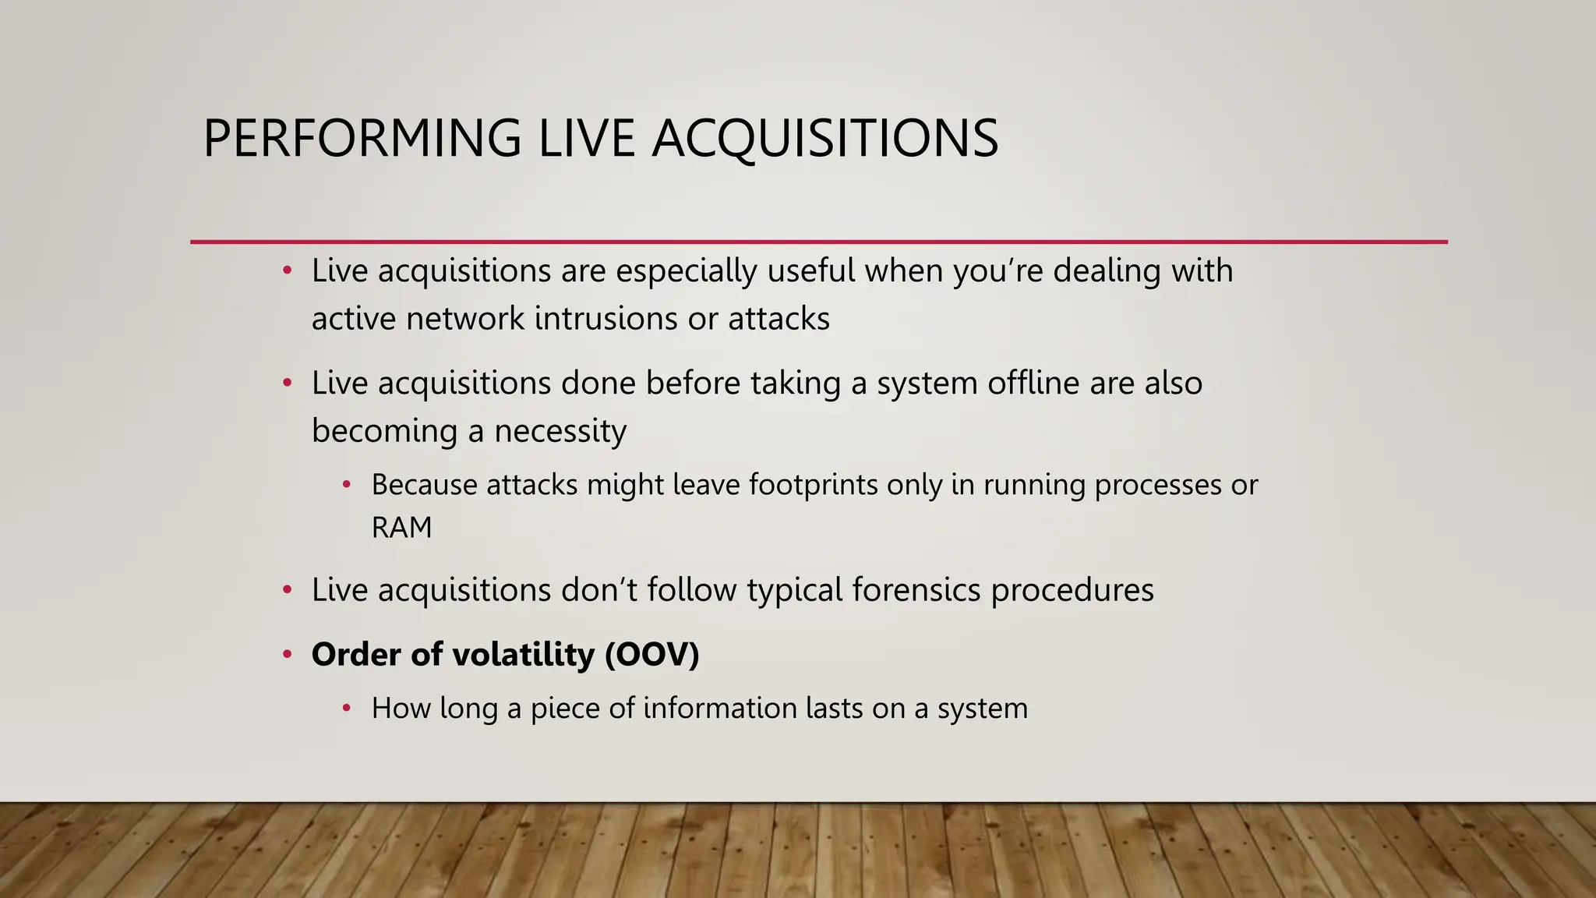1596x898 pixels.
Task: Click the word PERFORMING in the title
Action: click(362, 139)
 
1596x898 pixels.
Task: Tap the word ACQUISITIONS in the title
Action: click(824, 139)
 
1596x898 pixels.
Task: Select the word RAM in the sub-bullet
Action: click(401, 528)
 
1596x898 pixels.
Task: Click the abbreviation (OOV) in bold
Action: click(652, 654)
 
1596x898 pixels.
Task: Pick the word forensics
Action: click(916, 590)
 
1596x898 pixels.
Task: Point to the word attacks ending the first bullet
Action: click(779, 319)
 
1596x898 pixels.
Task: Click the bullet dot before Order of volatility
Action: click(287, 655)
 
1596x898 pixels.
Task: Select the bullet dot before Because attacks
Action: click(347, 486)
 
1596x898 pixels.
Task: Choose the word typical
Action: click(794, 590)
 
